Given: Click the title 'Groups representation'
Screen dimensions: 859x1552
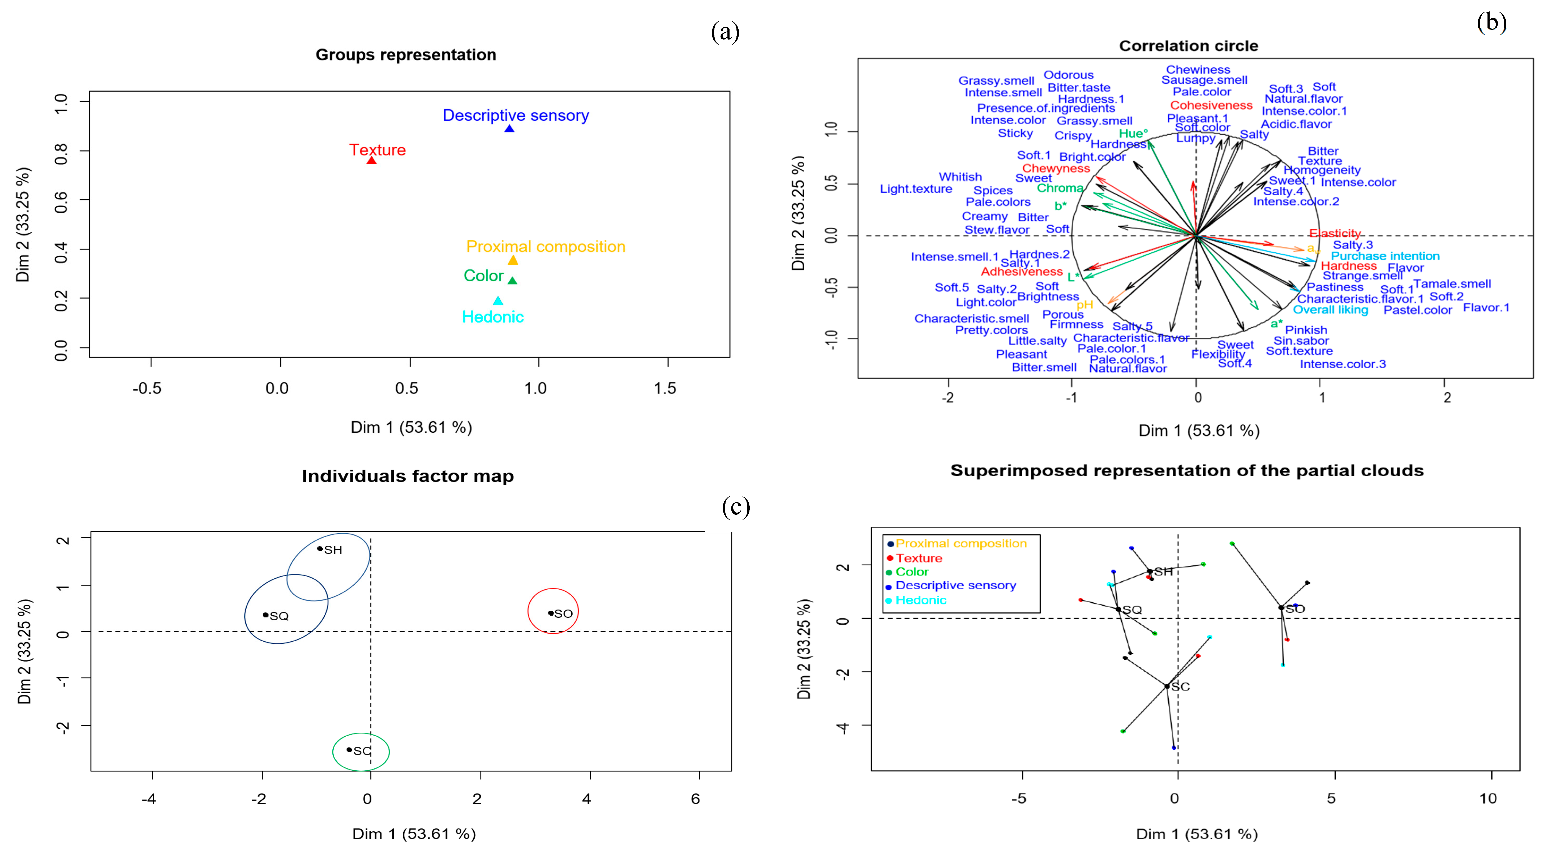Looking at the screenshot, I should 405,55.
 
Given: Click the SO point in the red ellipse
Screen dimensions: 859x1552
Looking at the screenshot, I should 551,613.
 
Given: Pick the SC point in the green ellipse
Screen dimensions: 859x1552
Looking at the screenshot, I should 349,750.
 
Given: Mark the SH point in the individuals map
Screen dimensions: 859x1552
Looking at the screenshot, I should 320,549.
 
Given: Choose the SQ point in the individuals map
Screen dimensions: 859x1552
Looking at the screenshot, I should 266,615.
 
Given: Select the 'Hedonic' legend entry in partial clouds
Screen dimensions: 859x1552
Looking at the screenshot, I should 920,600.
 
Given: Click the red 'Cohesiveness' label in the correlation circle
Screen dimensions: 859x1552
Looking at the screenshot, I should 1211,105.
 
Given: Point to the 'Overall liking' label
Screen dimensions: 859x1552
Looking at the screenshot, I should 1330,310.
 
